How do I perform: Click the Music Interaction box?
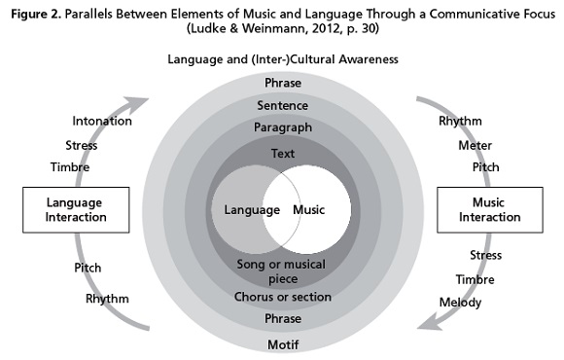(481, 209)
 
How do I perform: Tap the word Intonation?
(96, 122)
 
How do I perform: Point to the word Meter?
(476, 145)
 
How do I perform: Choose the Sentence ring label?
(282, 105)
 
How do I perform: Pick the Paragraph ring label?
(282, 127)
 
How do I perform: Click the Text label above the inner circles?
(282, 154)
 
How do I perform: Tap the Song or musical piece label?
(282, 271)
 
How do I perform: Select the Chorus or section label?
(282, 296)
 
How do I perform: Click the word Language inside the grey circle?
(245, 210)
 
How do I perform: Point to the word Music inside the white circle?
(309, 210)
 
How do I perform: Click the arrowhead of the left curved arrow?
(147, 101)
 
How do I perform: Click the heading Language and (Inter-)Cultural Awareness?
(282, 60)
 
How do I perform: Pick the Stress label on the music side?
(485, 256)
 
